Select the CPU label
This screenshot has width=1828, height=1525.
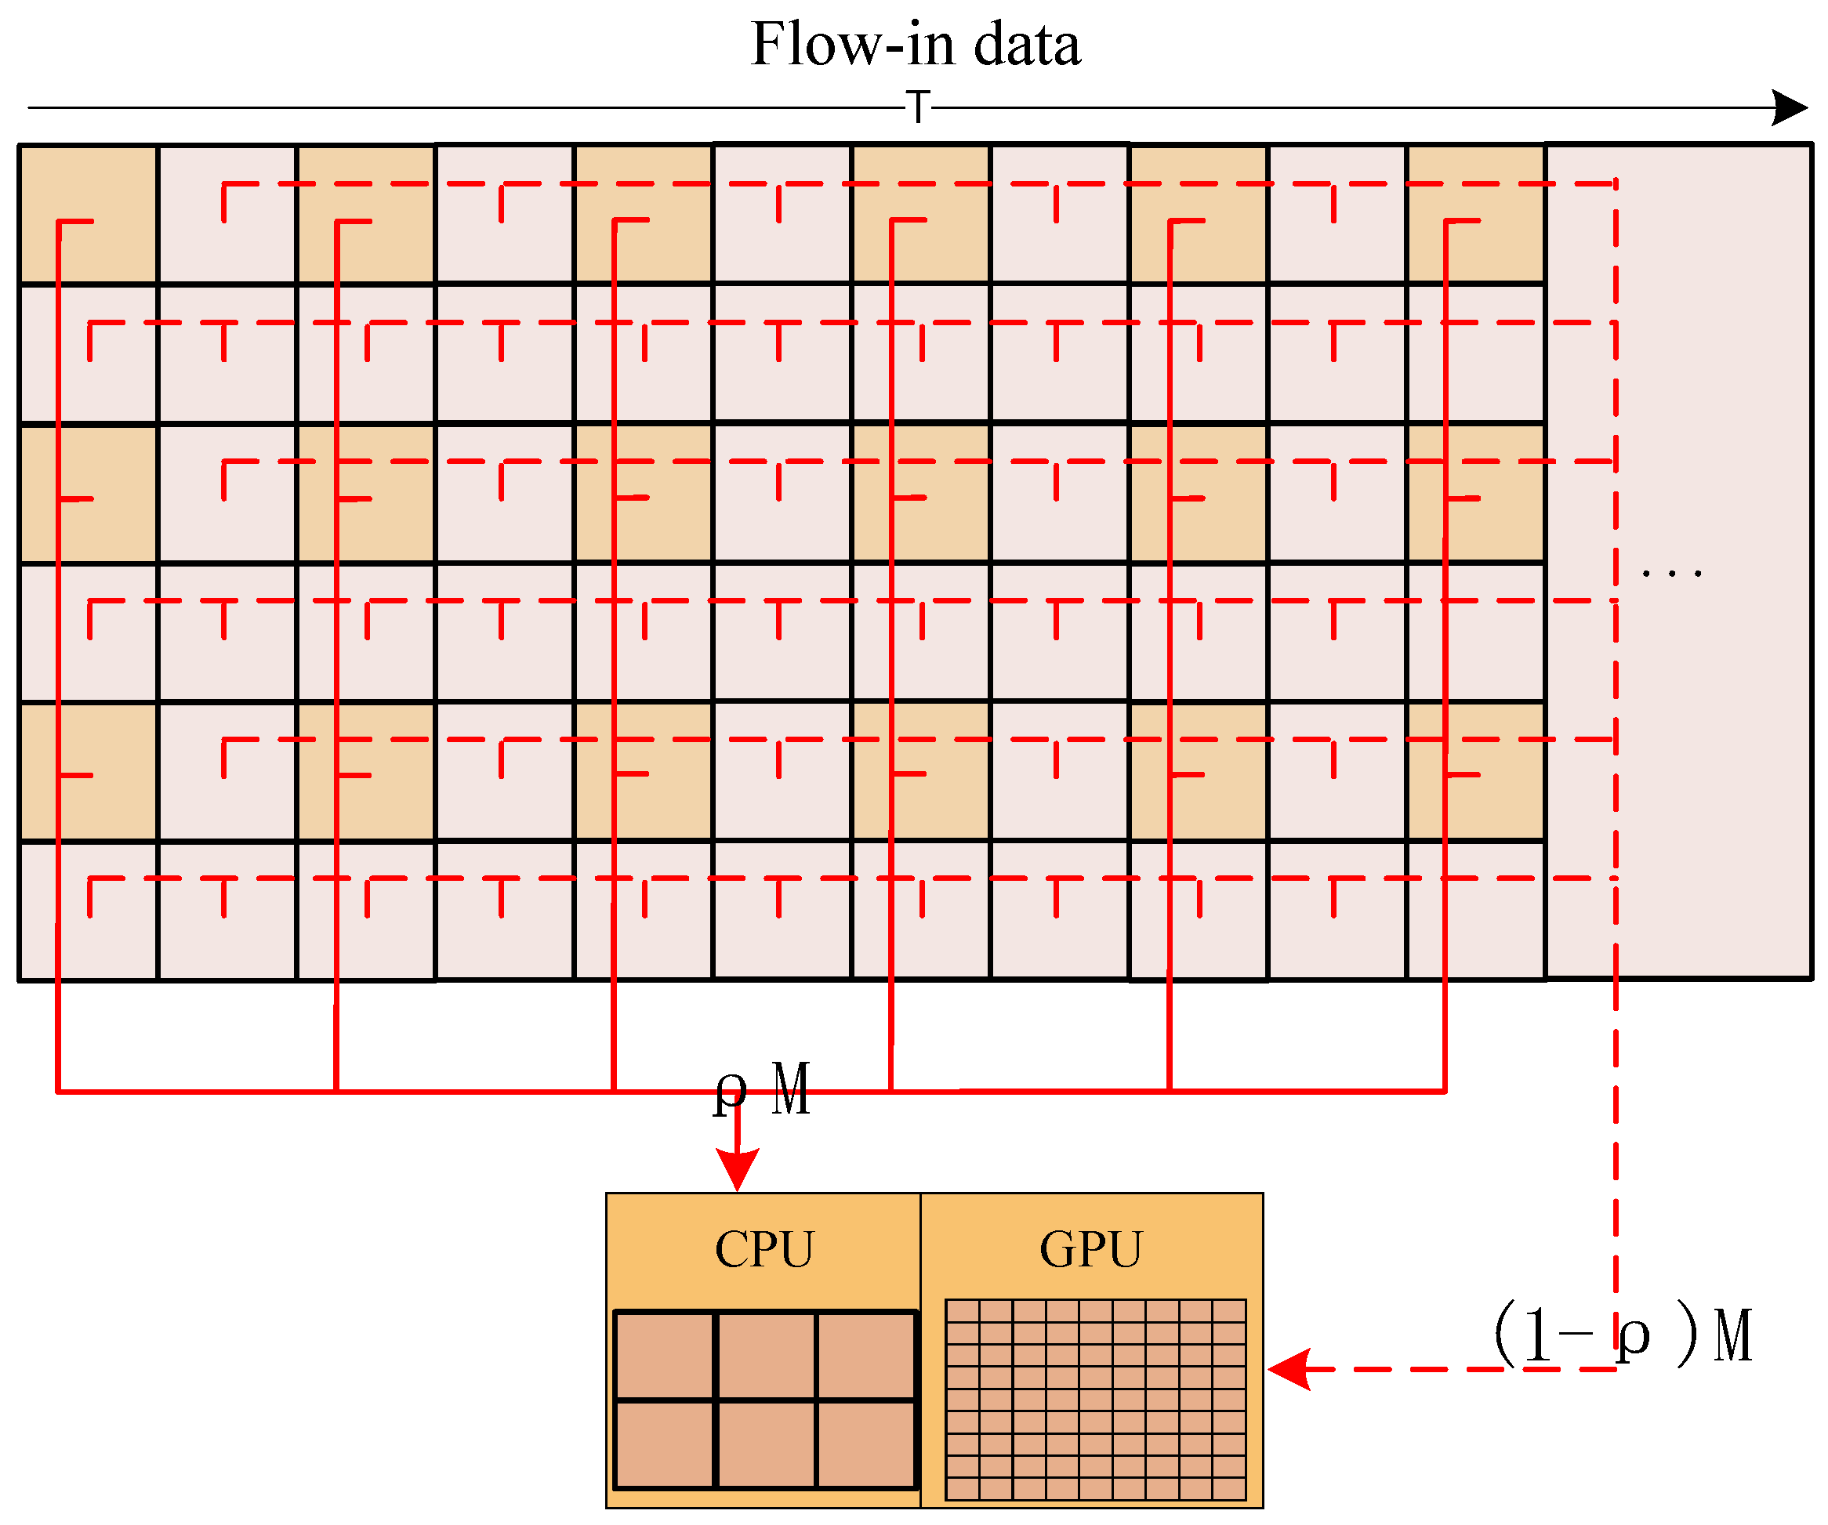click(x=763, y=1250)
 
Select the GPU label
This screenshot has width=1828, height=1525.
click(x=1090, y=1250)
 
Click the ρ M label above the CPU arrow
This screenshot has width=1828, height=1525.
click(x=763, y=1090)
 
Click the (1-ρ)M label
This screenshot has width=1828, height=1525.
click(x=1623, y=1335)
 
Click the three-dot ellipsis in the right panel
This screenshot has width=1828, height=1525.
click(x=1670, y=574)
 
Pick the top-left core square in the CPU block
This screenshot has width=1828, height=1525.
click(x=664, y=1354)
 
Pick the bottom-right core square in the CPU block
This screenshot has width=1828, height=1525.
click(x=865, y=1443)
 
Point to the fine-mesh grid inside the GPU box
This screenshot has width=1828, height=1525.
click(x=1095, y=1400)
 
